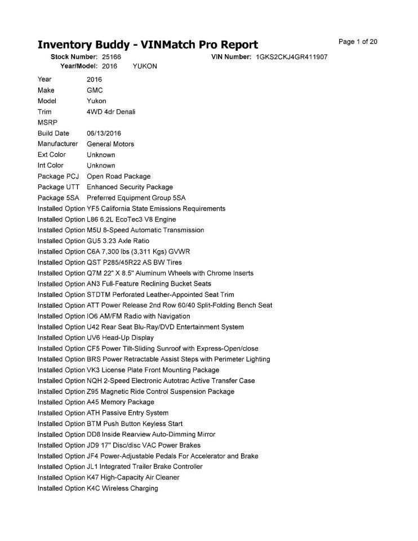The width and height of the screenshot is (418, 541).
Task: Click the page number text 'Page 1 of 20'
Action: tap(358, 42)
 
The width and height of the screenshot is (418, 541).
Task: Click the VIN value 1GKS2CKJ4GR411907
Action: tap(292, 57)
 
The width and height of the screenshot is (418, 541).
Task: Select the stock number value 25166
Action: tap(112, 57)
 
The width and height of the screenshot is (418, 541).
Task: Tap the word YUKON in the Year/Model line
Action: tap(145, 66)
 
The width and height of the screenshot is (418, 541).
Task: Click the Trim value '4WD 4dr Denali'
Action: tap(111, 112)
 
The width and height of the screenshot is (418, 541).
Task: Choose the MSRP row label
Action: tap(47, 123)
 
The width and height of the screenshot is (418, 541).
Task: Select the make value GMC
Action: tap(95, 91)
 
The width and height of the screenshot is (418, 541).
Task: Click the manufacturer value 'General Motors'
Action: tap(110, 144)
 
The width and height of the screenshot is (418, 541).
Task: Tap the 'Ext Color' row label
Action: tap(52, 155)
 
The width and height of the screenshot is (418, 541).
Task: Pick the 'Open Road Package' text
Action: tap(118, 176)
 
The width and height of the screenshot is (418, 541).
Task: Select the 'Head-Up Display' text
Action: tap(128, 338)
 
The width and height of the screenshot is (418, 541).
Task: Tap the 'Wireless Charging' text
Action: tap(130, 489)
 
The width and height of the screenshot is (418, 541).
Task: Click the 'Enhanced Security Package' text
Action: tap(130, 187)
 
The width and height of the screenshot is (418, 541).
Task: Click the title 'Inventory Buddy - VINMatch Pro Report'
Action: tap(148, 45)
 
